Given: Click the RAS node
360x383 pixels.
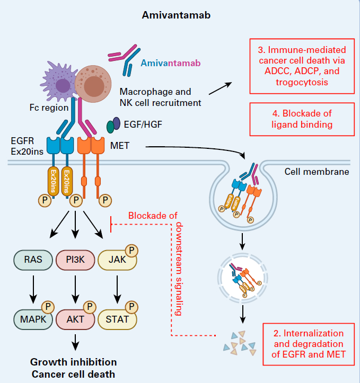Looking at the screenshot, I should pyautogui.click(x=32, y=260).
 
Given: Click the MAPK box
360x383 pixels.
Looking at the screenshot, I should pyautogui.click(x=32, y=319).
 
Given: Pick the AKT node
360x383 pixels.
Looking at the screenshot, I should pyautogui.click(x=75, y=319).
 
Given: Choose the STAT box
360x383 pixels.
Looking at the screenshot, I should pyautogui.click(x=117, y=319).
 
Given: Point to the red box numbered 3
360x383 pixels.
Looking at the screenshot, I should pyautogui.click(x=302, y=66).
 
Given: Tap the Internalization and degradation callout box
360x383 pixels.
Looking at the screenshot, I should pyautogui.click(x=309, y=344).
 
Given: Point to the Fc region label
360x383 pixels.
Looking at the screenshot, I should pyautogui.click(x=48, y=108).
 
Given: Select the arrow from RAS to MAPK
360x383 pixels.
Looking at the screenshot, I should pyautogui.click(x=32, y=290).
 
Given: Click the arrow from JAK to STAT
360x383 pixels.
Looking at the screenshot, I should pyautogui.click(x=117, y=290).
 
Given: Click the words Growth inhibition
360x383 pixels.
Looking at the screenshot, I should pyautogui.click(x=73, y=362).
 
